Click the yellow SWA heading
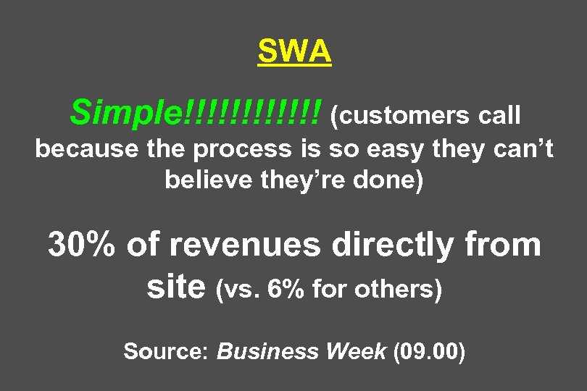coord(294,52)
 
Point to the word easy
coord(392,150)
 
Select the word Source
coord(166,352)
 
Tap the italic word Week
coord(357,352)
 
